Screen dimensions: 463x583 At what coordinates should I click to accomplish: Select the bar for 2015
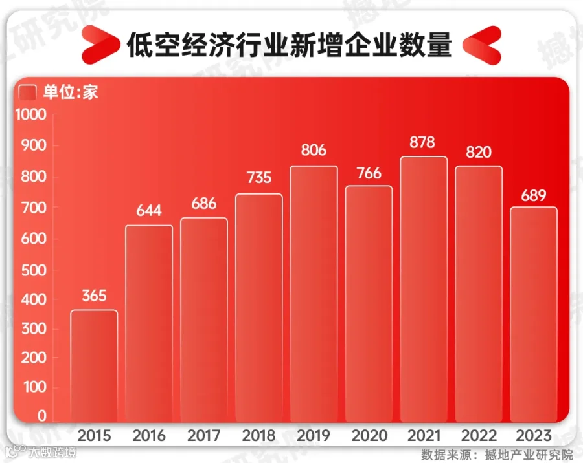click(x=94, y=366)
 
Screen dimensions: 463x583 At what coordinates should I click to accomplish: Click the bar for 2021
click(x=424, y=289)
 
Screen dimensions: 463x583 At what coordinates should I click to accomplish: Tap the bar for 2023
click(x=534, y=314)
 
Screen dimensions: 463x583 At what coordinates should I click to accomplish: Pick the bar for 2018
click(x=259, y=308)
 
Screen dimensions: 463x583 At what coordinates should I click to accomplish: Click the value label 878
click(x=422, y=142)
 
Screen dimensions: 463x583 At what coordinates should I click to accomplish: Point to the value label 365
click(x=95, y=296)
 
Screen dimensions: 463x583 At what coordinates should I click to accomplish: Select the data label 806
click(x=314, y=151)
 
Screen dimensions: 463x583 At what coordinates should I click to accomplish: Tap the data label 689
click(x=534, y=195)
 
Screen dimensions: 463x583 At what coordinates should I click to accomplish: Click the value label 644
click(x=148, y=210)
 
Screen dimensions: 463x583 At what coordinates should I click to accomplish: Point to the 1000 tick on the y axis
click(x=31, y=115)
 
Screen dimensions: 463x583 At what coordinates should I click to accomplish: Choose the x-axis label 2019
click(x=314, y=435)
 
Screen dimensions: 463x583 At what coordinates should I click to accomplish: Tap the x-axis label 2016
click(x=149, y=435)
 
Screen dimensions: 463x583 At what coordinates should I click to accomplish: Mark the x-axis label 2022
click(x=479, y=435)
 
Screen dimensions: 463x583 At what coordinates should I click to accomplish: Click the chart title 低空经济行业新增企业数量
click(x=289, y=46)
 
